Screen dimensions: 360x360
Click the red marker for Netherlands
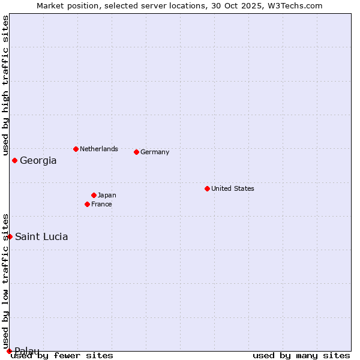pos(76,149)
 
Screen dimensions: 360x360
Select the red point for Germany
pos(137,152)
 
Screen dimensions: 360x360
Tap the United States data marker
pos(207,188)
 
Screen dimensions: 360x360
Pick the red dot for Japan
pos(94,195)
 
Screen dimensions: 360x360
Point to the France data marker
pos(88,204)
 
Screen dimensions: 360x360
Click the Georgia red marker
pos(14,160)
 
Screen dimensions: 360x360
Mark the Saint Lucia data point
pos(10,236)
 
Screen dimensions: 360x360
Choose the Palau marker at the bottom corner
pos(9,351)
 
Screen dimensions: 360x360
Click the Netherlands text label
pos(98,149)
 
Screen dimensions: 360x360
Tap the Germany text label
pos(155,152)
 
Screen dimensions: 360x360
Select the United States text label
pos(232,188)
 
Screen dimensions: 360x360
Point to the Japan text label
pos(107,195)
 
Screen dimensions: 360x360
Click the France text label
pos(101,204)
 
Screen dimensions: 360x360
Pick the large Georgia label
pos(38,160)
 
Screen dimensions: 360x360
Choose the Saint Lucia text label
pos(41,236)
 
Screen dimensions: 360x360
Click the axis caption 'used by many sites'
pos(301,355)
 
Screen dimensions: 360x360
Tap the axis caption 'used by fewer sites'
pos(62,355)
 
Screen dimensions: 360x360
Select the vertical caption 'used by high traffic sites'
pos(5,84)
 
